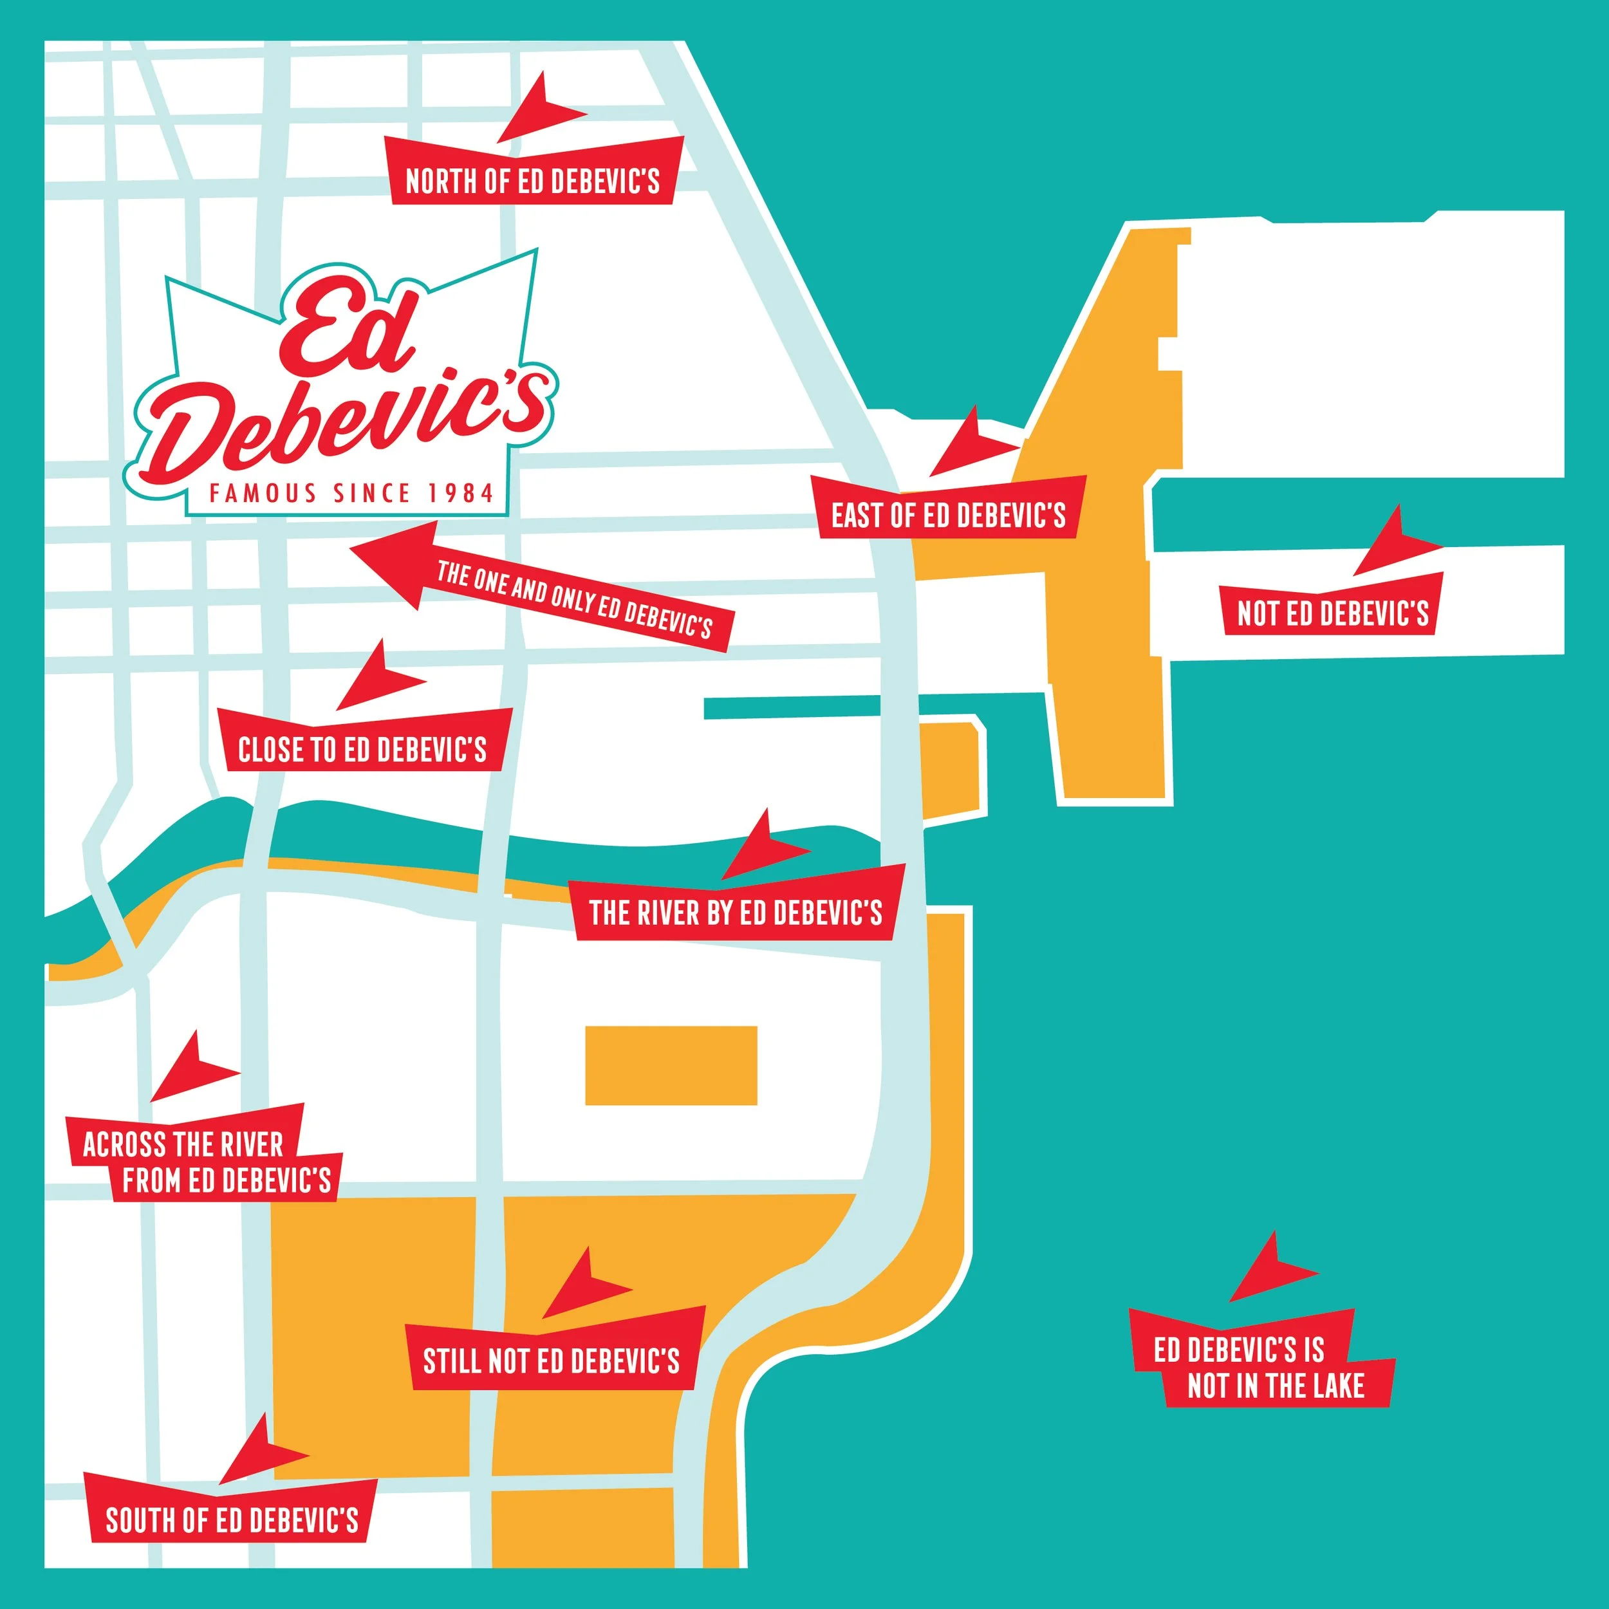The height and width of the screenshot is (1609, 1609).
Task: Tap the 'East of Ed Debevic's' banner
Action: click(x=949, y=515)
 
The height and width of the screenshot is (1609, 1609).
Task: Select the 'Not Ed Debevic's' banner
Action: click(x=1332, y=613)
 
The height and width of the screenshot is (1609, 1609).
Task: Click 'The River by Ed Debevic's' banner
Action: click(x=736, y=912)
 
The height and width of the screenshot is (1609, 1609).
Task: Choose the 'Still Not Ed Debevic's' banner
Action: click(x=552, y=1361)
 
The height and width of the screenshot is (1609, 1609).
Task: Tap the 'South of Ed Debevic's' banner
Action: click(x=232, y=1520)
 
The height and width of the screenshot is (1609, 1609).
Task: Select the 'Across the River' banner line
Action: click(x=184, y=1144)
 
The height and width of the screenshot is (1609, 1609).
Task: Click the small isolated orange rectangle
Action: click(x=671, y=1065)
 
